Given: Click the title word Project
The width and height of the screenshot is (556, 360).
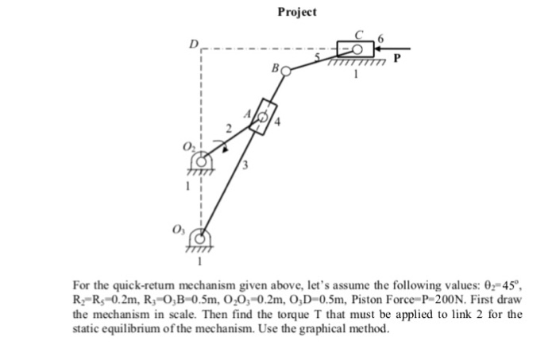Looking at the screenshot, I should pos(297,12).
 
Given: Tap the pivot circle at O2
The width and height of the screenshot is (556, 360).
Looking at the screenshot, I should pos(201,162).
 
